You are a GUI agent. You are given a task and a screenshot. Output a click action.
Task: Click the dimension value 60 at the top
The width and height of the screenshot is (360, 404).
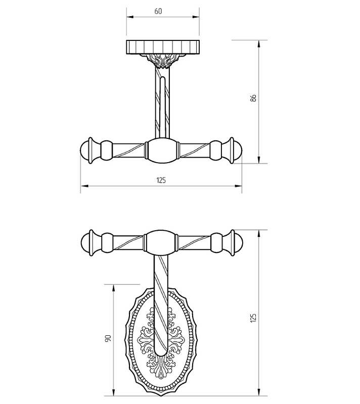point(158,11)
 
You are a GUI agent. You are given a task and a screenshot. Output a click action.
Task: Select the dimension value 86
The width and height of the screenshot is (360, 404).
point(253,98)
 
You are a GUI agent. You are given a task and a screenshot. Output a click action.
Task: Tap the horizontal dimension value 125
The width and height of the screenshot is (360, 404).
point(161,180)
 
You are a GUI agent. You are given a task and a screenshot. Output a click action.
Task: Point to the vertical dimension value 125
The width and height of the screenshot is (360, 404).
point(253,318)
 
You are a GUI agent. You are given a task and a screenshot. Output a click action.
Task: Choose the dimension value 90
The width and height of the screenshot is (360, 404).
point(108,338)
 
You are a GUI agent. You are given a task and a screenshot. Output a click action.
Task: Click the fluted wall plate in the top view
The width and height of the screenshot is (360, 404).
point(163,47)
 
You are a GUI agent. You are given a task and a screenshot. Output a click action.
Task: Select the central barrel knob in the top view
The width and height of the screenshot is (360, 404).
point(162,150)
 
